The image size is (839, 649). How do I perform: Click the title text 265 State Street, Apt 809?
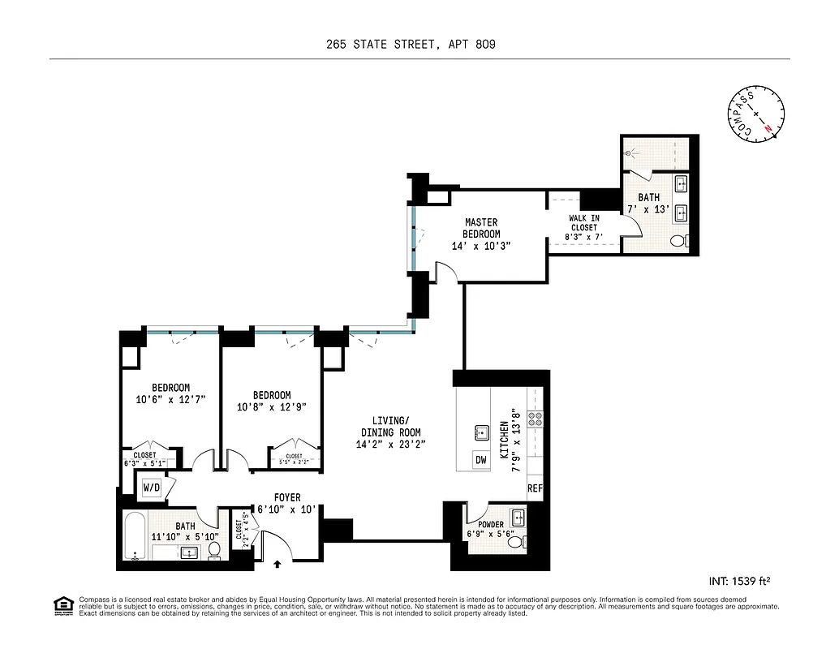(x=419, y=45)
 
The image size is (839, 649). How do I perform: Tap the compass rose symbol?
(x=756, y=114)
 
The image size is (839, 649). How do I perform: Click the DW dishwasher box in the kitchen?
(x=481, y=460)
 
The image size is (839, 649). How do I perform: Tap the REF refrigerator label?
(x=535, y=489)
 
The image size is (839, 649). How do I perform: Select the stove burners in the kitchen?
(x=536, y=419)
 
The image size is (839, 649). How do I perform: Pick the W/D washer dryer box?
(x=152, y=488)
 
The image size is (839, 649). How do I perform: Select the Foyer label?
(x=286, y=498)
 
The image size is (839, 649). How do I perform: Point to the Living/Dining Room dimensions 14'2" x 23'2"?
(x=390, y=445)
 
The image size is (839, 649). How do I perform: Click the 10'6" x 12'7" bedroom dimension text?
(x=171, y=399)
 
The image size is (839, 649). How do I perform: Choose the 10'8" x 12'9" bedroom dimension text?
(x=271, y=407)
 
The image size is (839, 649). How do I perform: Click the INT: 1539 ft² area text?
(x=739, y=580)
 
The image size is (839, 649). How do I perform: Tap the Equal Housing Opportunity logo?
(x=62, y=604)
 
